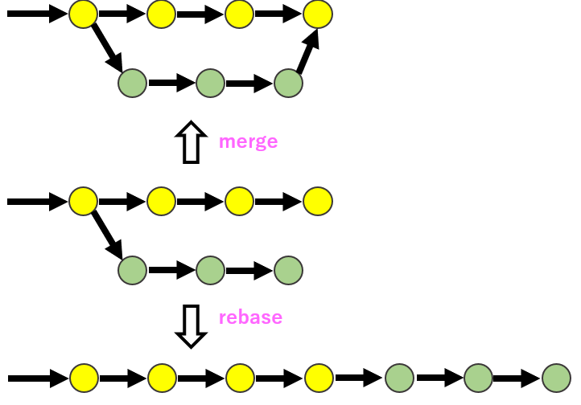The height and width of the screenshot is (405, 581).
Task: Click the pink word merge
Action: point(248,142)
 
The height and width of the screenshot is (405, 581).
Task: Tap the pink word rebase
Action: point(250,317)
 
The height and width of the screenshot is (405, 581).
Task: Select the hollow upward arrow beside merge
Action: point(191,142)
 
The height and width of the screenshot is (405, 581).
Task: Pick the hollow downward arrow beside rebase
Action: point(191,325)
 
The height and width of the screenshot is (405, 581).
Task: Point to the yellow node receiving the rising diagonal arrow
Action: point(318,14)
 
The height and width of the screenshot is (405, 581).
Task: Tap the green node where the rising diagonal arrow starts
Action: point(288,83)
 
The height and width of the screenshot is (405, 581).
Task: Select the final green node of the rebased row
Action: point(556,377)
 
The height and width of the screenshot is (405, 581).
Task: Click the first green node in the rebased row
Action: point(399,377)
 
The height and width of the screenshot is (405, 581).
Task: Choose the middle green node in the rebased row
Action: point(478,377)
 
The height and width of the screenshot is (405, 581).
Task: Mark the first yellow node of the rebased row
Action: point(84,377)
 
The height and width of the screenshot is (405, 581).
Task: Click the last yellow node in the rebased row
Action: point(319,377)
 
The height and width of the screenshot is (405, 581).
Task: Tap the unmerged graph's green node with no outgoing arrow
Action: point(288,271)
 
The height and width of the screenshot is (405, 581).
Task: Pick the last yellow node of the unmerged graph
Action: point(318,202)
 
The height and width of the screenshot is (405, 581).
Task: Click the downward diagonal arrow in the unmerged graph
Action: point(107,234)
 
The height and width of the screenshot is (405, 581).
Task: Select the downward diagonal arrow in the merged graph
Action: point(107,47)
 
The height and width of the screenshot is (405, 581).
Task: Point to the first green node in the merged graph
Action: point(132,83)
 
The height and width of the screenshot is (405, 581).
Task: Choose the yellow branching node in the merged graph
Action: point(83,14)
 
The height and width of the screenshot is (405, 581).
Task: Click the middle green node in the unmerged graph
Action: point(210,271)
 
